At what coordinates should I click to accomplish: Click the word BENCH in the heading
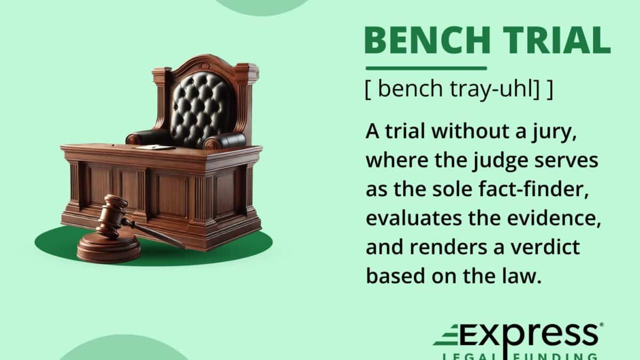pyautogui.click(x=428, y=41)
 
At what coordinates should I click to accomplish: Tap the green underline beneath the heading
pyautogui.click(x=426, y=68)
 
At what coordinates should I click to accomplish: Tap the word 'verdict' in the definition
pyautogui.click(x=546, y=246)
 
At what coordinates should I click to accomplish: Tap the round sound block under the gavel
pyautogui.click(x=109, y=247)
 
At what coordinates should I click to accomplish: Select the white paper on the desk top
pyautogui.click(x=155, y=147)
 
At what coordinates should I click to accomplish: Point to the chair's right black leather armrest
pyautogui.click(x=226, y=141)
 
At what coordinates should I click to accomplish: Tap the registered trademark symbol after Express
pyautogui.click(x=601, y=325)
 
